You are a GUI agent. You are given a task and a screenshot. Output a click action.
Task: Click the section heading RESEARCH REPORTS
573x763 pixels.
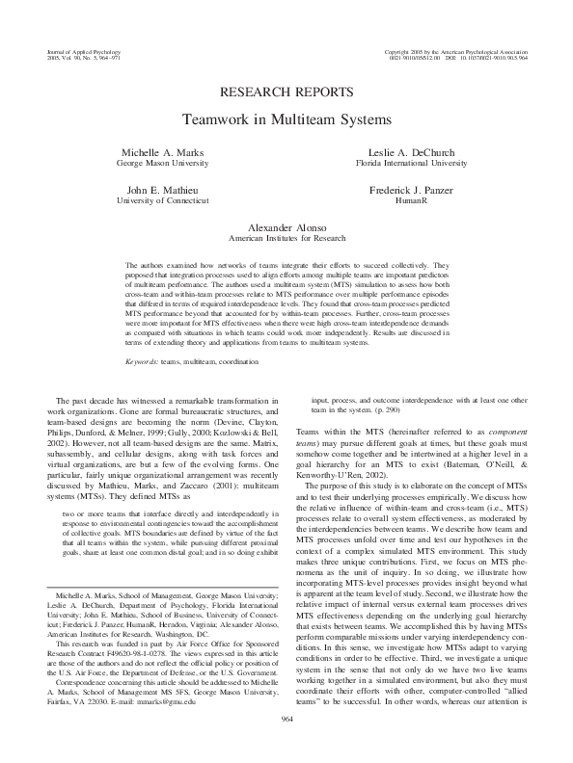(x=286, y=93)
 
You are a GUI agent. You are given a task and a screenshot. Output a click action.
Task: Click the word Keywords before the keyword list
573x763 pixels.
(x=144, y=334)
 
